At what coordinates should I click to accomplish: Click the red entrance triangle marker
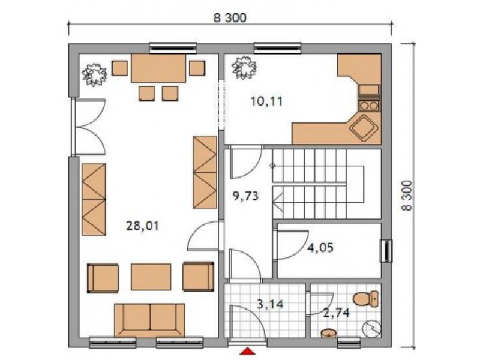[x=247, y=351]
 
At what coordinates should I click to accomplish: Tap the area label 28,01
[x=143, y=226]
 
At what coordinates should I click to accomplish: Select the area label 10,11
[x=266, y=101]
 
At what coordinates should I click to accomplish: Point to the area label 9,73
[x=245, y=196]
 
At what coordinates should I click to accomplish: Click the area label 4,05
[x=320, y=247]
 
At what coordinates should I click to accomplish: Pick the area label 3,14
[x=270, y=304]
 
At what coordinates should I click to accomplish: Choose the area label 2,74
[x=337, y=313]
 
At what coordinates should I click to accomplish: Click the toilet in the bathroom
[x=365, y=298]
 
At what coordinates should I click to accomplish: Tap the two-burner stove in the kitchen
[x=368, y=106]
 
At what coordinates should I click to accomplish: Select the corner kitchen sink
[x=363, y=128]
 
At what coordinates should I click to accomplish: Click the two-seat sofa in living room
[x=149, y=320]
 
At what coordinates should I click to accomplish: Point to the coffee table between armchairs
[x=151, y=277]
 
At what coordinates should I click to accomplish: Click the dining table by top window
[x=158, y=68]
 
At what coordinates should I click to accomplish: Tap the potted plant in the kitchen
[x=244, y=67]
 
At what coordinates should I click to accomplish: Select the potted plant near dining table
[x=94, y=74]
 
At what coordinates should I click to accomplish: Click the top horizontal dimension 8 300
[x=230, y=18]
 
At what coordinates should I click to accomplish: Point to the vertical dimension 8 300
[x=407, y=196]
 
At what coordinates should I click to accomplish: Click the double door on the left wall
[x=88, y=127]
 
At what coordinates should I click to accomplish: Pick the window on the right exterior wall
[x=386, y=251]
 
